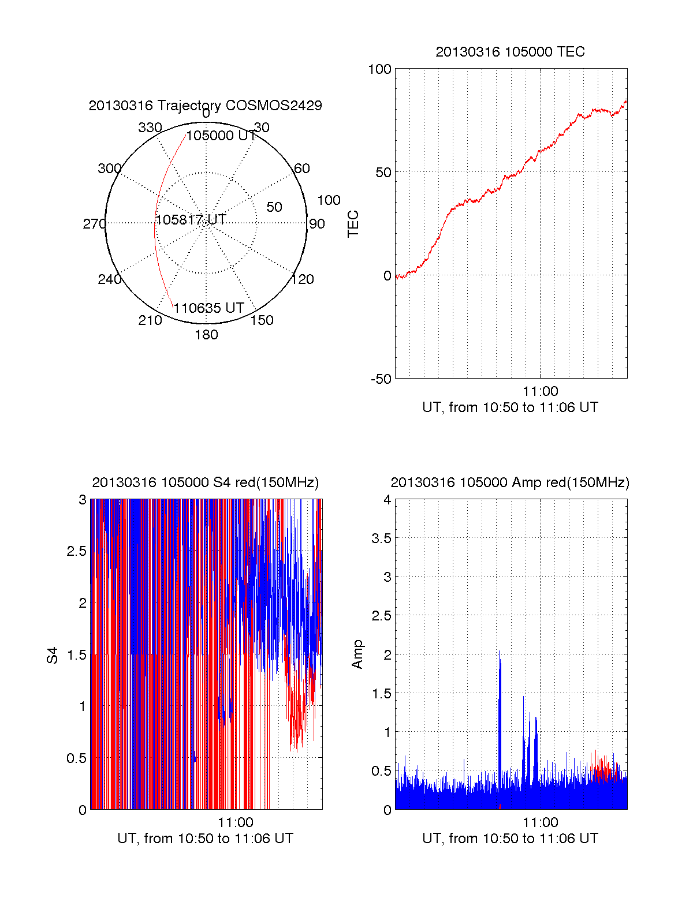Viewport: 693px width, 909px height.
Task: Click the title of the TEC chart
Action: pos(510,52)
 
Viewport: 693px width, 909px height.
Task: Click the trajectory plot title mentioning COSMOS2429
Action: pos(205,106)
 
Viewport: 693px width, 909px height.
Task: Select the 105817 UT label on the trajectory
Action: pos(191,220)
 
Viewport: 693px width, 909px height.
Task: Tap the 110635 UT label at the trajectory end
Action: pos(208,308)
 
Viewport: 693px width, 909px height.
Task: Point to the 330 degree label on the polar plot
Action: pos(150,128)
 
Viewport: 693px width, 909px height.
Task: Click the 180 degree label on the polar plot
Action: pos(206,335)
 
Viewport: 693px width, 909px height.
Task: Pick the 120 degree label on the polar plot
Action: pos(303,279)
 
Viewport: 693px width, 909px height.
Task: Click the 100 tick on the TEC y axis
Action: pos(379,69)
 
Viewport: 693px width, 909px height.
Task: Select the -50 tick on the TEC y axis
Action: pos(381,379)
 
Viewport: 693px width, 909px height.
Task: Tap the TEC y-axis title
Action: pos(353,224)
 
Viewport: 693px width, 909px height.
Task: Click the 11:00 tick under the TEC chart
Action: pos(540,392)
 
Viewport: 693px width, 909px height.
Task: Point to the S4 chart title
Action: pos(205,482)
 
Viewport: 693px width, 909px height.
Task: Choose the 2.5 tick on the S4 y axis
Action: pos(76,551)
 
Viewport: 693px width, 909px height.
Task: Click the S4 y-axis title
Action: pos(53,655)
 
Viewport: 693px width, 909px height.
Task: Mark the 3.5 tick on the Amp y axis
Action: pos(381,538)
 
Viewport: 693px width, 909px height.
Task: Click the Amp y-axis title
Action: pos(357,654)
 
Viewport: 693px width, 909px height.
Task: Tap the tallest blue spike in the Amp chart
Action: pos(499,652)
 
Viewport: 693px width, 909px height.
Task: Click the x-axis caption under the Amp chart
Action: pos(510,839)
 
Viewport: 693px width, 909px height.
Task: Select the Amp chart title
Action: pos(510,482)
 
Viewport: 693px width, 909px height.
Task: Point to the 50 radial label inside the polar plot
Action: pos(274,207)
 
